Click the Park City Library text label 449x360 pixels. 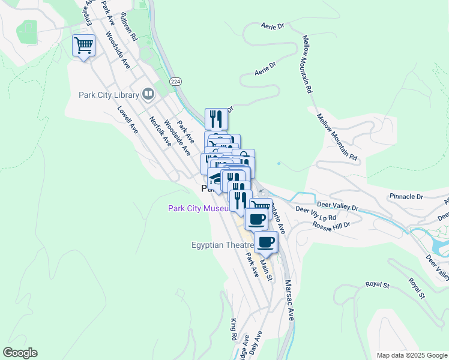click(108, 94)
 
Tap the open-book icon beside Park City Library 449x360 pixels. click(147, 94)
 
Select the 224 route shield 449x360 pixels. click(175, 81)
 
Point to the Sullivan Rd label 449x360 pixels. click(129, 26)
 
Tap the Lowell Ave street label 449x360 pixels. click(128, 119)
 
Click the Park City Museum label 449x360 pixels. click(198, 208)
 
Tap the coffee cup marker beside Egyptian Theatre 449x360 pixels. click(266, 242)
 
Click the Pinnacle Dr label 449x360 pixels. click(406, 196)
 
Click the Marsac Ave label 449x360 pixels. click(289, 300)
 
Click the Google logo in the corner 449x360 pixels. click(20, 353)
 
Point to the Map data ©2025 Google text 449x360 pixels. click(411, 355)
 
